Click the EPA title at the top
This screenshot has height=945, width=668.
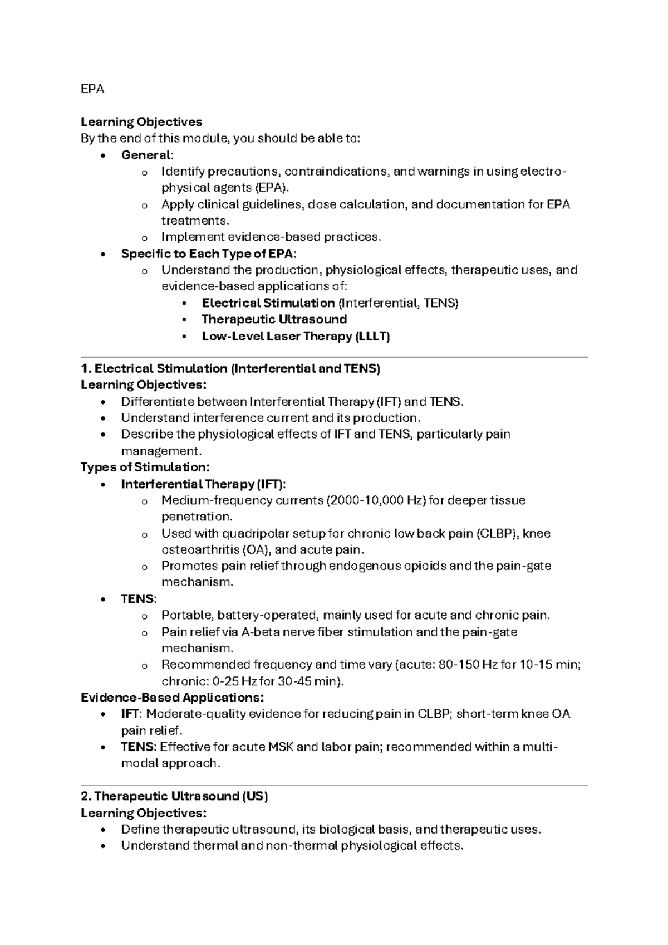click(92, 89)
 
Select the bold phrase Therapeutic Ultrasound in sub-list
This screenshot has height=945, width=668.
click(274, 319)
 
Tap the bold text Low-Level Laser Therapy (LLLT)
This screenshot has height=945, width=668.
click(295, 336)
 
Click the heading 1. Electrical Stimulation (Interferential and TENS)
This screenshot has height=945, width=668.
click(230, 368)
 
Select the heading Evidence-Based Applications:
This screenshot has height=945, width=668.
click(172, 698)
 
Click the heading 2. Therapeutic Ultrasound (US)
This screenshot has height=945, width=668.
click(174, 796)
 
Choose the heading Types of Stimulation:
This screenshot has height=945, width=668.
click(145, 467)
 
